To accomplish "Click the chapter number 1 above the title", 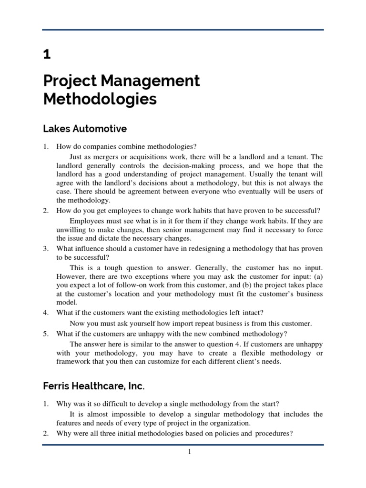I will (x=47, y=55).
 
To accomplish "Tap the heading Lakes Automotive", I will (x=85, y=128).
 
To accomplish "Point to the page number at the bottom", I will (x=189, y=452).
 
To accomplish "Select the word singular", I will (x=205, y=414).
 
